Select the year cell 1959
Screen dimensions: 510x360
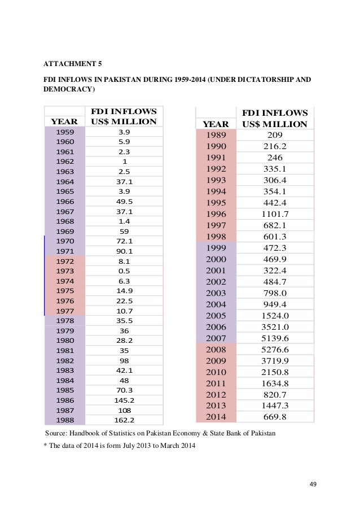tap(64, 132)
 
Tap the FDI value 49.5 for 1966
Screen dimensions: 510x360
tap(125, 202)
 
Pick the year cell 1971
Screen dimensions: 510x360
tap(64, 251)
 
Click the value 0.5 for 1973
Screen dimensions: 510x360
tap(125, 271)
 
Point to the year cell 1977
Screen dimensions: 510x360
tap(64, 311)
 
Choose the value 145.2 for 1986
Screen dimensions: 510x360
tap(125, 400)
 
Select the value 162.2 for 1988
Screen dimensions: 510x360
tap(125, 420)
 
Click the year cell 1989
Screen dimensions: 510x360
tap(216, 135)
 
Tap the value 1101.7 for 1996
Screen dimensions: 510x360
tap(275, 214)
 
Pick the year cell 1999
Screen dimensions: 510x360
tap(216, 248)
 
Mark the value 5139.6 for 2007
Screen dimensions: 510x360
tap(275, 338)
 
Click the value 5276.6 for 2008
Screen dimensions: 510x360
tap(275, 350)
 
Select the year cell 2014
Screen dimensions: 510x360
tap(216, 417)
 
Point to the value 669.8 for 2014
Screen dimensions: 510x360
tap(275, 417)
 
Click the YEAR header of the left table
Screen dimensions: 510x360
tap(64, 121)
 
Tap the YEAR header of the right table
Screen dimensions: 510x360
tap(216, 124)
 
